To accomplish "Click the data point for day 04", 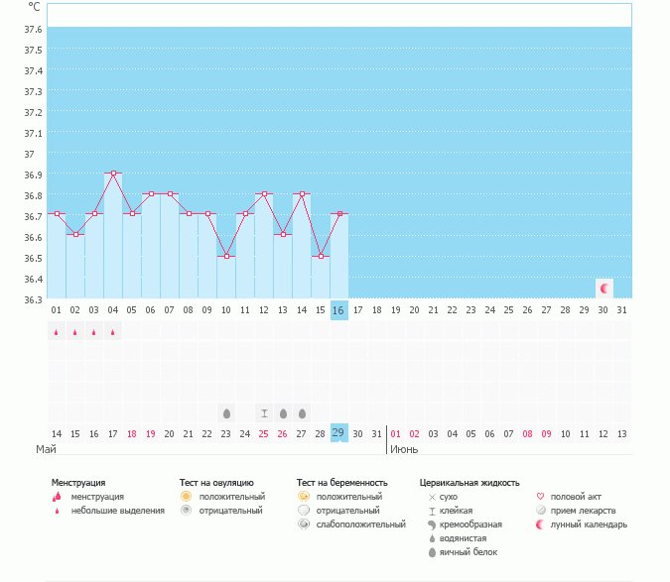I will click(113, 174).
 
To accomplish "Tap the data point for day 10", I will click(226, 256).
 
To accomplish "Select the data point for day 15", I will click(320, 256).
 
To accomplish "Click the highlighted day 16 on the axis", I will click(338, 310).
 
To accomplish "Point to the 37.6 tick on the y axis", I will click(33, 29).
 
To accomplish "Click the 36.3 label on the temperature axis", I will click(33, 299).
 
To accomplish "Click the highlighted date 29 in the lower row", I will click(338, 433).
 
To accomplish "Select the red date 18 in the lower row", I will click(132, 434).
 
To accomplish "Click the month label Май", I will click(46, 449).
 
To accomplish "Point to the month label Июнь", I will click(404, 449).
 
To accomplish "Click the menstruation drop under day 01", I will click(57, 332).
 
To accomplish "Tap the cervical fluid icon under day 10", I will click(226, 412).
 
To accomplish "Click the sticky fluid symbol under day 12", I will click(264, 412).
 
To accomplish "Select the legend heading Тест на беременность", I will click(341, 483).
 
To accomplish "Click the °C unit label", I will click(34, 7).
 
